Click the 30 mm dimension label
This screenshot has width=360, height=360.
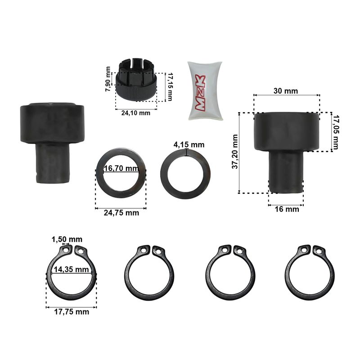pos(286,91)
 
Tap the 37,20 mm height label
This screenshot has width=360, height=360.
pos(235,152)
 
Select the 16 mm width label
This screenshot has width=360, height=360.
pos(287,209)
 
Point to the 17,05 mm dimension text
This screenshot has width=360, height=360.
pos(336,132)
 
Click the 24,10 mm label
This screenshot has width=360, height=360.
pos(136,113)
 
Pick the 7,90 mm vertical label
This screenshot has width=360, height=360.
pos(108,79)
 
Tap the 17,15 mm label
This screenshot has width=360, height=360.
pos(170,86)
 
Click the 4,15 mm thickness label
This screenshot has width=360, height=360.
pos(189,144)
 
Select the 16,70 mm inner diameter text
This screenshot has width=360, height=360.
pos(121,168)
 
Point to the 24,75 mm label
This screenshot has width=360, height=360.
pos(121,213)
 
